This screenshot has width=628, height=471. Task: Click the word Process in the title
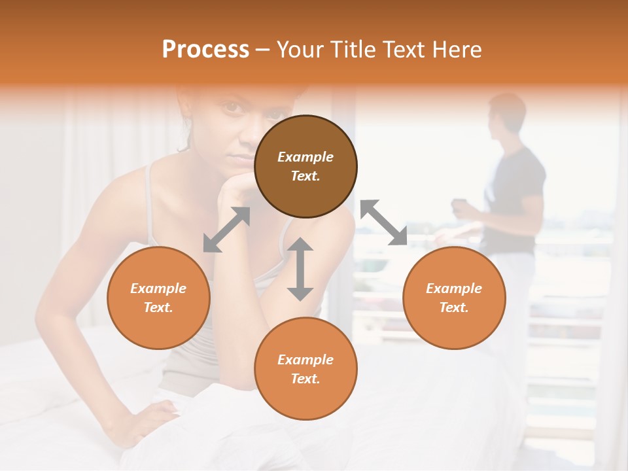coord(205,50)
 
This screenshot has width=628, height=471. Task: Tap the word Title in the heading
coord(353,50)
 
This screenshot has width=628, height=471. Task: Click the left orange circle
coord(158,298)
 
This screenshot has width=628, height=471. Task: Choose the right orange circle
coord(454,298)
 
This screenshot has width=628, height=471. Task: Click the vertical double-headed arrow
coord(300,269)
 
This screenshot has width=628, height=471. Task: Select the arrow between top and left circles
coord(226,230)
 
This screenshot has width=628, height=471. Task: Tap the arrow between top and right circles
coord(383,222)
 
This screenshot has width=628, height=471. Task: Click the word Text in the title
coord(407,50)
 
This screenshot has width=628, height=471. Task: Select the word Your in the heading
coord(300,50)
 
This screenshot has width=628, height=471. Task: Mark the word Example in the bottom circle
coord(305,360)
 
